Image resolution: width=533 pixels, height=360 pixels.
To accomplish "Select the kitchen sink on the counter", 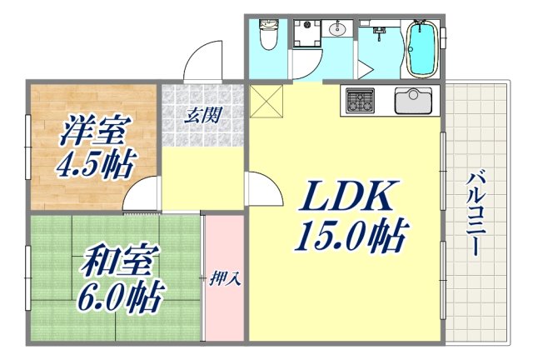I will [411, 101].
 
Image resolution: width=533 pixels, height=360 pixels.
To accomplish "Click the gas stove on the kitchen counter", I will [360, 102].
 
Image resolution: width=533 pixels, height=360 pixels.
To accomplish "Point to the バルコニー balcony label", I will [477, 212].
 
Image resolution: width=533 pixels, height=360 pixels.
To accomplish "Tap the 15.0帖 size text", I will [349, 235].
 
